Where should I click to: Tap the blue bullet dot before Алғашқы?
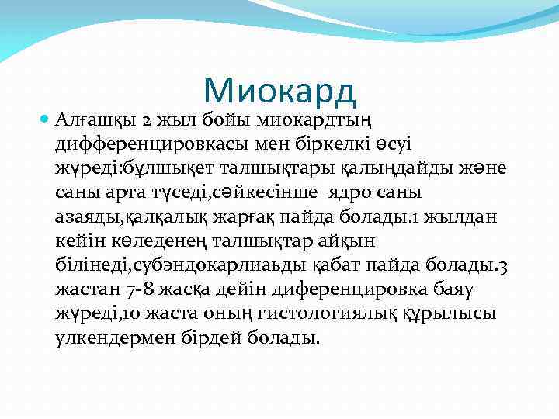(x=44, y=121)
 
